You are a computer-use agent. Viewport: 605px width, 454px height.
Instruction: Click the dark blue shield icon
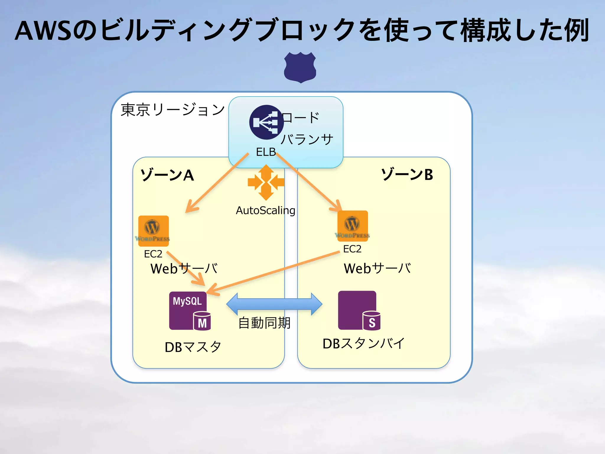[x=300, y=67]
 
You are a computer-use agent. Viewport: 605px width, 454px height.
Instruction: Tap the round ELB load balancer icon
[x=266, y=122]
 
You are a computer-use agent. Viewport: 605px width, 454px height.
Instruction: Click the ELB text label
[x=266, y=152]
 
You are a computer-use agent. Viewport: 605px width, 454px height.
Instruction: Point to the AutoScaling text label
[x=265, y=210]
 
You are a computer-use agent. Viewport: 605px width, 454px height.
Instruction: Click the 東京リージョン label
[x=173, y=110]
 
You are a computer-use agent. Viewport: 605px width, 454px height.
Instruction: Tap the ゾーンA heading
[x=167, y=175]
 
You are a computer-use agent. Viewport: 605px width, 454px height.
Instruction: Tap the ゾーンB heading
[x=407, y=174]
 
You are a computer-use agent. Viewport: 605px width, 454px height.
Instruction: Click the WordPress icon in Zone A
[x=153, y=231]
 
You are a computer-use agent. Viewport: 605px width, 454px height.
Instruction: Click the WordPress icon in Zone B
[x=352, y=226]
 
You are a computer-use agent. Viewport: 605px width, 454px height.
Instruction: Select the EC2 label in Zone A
[x=153, y=254]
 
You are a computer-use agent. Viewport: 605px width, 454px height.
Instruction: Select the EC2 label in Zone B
[x=352, y=249]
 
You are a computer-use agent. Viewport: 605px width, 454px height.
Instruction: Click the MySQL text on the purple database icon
[x=187, y=301]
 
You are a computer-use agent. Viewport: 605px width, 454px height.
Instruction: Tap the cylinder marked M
[x=202, y=321]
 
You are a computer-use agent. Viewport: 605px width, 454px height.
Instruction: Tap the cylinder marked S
[x=372, y=321]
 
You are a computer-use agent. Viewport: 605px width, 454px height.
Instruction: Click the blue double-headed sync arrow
[x=274, y=304]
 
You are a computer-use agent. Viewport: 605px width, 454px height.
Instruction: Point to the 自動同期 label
[x=264, y=323]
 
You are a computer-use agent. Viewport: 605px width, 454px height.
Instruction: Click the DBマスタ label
[x=193, y=347]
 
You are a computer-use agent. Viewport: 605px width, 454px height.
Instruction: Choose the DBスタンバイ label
[x=363, y=343]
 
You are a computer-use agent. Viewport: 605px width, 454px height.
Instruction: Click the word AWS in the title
[x=43, y=31]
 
